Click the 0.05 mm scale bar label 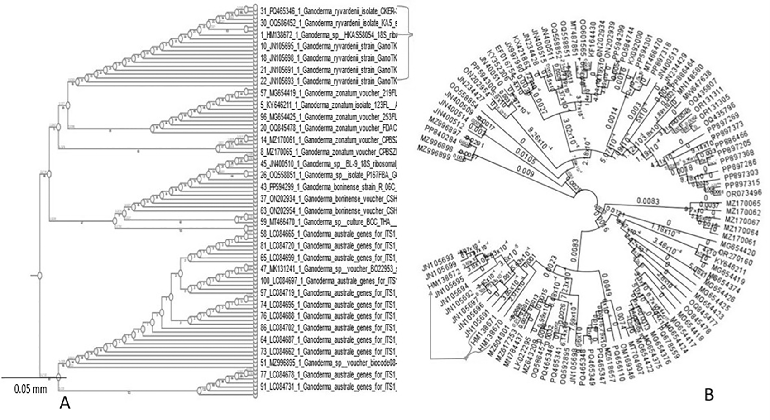click(x=30, y=389)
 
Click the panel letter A click(x=65, y=403)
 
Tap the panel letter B click(x=709, y=395)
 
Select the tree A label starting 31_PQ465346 click(x=329, y=9)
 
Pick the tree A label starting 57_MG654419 click(x=329, y=93)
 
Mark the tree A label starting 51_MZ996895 click(x=329, y=363)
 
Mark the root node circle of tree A click(x=39, y=275)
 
